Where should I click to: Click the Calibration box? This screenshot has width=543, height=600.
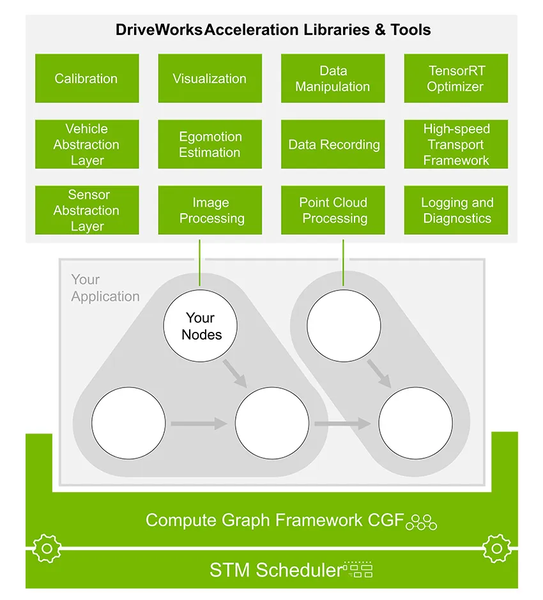[87, 79]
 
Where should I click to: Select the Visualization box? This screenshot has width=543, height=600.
[210, 79]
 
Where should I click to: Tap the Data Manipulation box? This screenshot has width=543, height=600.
[333, 79]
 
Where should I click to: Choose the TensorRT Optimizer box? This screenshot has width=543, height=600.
[456, 79]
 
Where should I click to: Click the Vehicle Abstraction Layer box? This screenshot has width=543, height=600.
[87, 145]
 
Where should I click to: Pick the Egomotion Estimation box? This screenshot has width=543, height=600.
[210, 145]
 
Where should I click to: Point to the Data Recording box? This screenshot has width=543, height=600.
[333, 145]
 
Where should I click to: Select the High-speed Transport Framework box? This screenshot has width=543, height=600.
[456, 145]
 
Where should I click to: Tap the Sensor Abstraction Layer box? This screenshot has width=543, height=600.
[87, 211]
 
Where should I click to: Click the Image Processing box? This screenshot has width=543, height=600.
[210, 211]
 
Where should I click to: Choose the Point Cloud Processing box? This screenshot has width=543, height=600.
[333, 211]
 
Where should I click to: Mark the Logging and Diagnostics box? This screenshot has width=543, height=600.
[456, 211]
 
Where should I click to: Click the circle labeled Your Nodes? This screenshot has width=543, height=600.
[201, 326]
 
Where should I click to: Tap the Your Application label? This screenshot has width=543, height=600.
[105, 288]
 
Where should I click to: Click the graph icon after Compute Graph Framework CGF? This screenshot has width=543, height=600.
[422, 521]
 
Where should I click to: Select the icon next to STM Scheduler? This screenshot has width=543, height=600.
[358, 569]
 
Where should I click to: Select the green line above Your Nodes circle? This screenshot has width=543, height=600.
[200, 262]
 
